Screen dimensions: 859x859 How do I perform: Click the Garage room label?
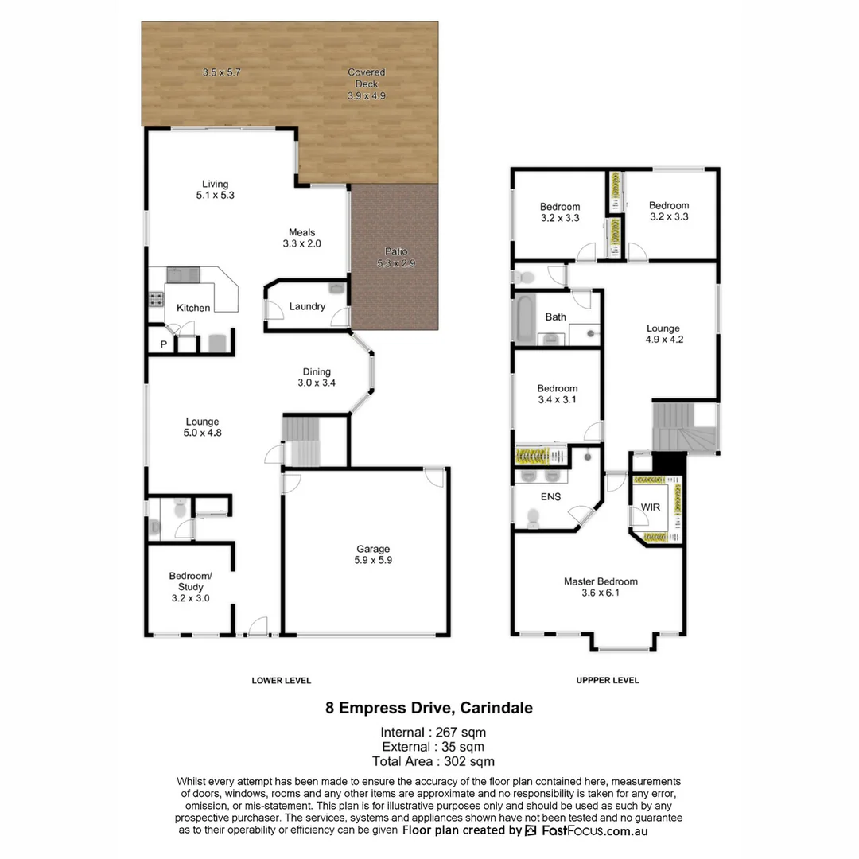coord(373,549)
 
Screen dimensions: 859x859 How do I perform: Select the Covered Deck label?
coord(366,78)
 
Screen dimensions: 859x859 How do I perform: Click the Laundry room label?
coord(307,306)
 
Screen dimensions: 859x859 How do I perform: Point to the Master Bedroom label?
coord(601,581)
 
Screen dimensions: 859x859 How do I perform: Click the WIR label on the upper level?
coord(650,507)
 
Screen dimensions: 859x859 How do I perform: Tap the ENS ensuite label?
coord(550,496)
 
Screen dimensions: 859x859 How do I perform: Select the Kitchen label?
coord(193,308)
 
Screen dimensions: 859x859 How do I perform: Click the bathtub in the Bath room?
coord(525,318)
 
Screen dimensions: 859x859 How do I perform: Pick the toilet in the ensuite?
coord(533,517)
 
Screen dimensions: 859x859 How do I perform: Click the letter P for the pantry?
coord(164,344)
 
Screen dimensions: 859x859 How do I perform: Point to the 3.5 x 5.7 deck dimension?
coord(221,72)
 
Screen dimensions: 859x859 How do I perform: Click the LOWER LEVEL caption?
coord(282,681)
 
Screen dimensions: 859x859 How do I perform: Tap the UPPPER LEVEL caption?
coord(608,681)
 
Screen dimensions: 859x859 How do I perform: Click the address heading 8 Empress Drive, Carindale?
coord(429,707)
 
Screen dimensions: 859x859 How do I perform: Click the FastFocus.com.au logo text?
coord(595,830)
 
